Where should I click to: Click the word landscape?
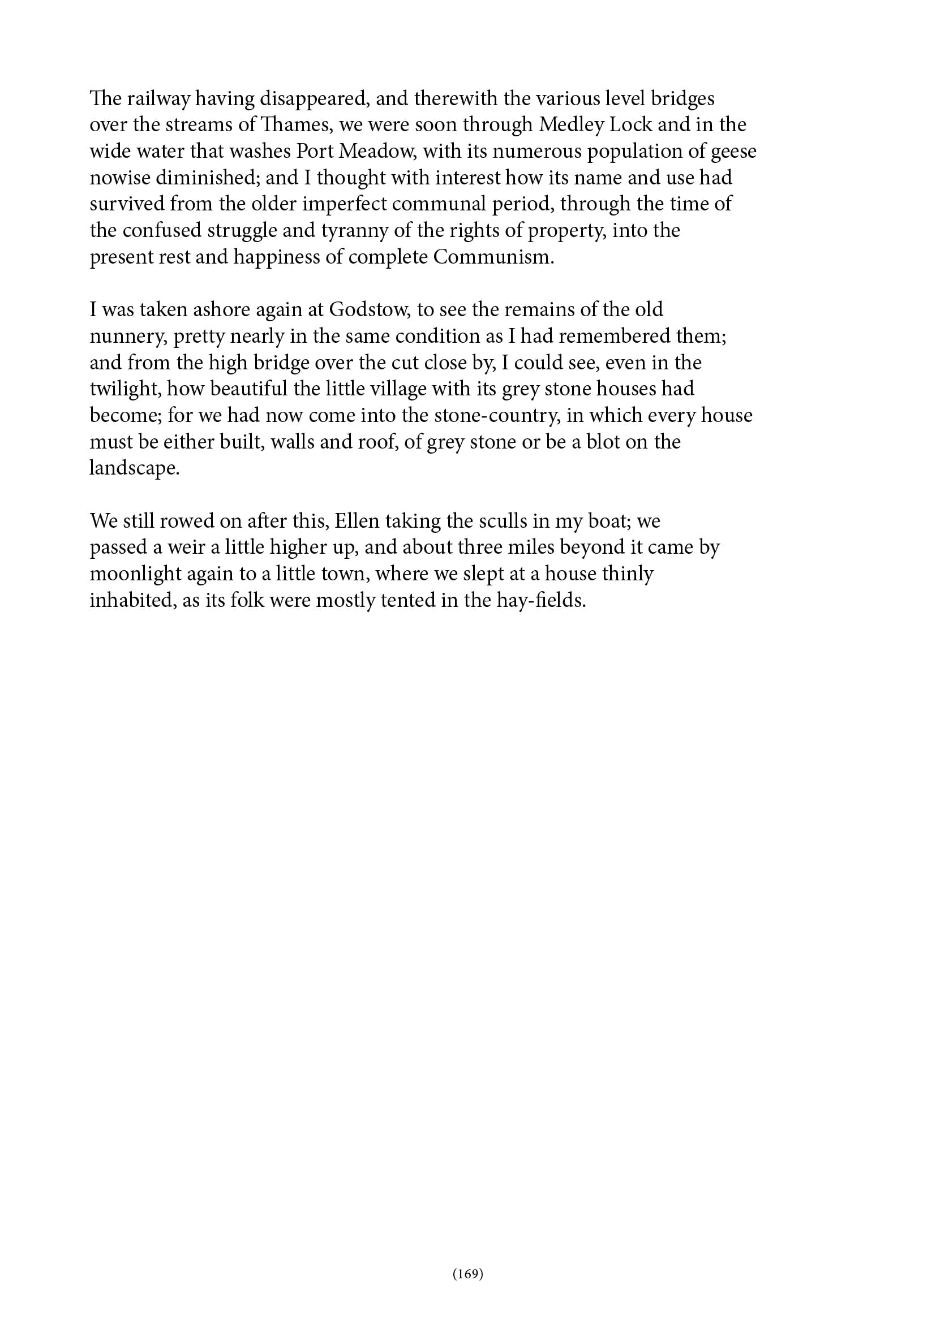[x=134, y=469]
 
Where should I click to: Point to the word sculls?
[x=501, y=522]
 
